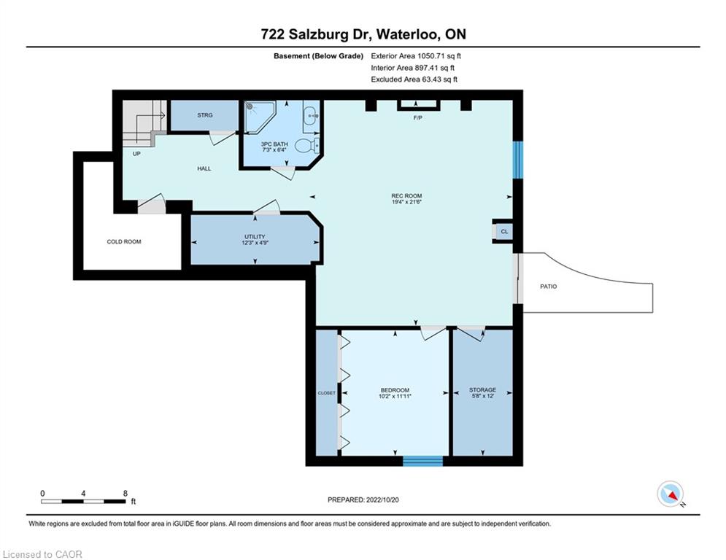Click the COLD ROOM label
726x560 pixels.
pos(123,241)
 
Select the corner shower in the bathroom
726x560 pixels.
pos(259,116)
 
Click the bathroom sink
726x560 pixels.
pos(311,115)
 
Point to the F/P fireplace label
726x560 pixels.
pos(417,118)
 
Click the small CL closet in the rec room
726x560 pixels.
pos(504,231)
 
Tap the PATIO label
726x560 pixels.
pos(548,287)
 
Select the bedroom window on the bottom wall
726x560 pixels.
pos(422,461)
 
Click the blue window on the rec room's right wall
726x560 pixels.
pos(517,160)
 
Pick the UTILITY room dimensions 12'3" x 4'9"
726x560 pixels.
pos(255,243)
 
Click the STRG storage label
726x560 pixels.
pos(204,115)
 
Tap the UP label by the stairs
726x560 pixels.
pos(136,154)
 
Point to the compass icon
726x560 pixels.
pos(671,494)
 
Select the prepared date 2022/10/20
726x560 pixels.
pos(382,499)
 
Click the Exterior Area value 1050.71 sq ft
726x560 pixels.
pos(439,56)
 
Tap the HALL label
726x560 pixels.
pos(204,168)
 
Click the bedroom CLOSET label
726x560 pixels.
pos(326,393)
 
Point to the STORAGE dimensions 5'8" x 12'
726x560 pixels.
pos(482,396)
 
